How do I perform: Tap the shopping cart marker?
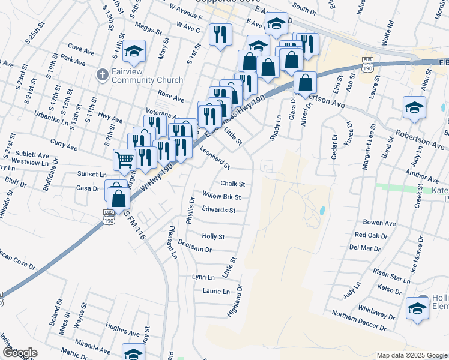[124, 159]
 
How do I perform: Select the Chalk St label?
[233, 184]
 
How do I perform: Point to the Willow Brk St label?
[221, 197]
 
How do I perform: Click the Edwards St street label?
[218, 210]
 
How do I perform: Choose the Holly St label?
[213, 237]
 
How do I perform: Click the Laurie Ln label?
[217, 292]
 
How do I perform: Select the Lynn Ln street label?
[203, 277]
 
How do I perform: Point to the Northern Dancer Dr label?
[358, 321]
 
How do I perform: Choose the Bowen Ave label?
[379, 223]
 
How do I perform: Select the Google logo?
[19, 353]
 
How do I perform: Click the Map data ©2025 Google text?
[411, 355]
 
